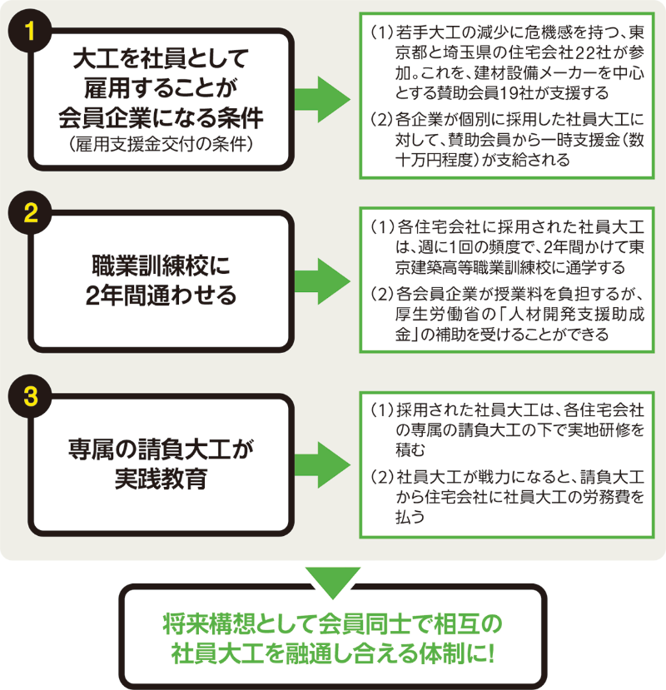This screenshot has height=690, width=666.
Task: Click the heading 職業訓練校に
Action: point(161,267)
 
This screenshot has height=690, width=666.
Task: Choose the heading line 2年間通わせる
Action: point(161,295)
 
